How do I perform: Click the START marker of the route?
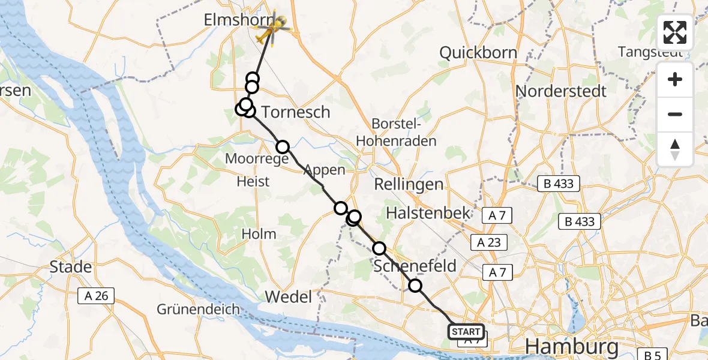coord(466,332)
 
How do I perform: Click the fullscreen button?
coord(675,32)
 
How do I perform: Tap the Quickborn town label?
coord(478,53)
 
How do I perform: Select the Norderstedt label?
coord(561,91)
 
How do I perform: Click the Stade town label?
coord(71,266)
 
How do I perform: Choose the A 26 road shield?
coord(95,295)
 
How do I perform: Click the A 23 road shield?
coord(489,242)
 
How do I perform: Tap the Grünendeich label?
coord(199,310)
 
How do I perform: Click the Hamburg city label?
coord(571,347)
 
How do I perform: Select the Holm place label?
coord(259,234)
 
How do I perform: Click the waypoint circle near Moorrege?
coord(282,146)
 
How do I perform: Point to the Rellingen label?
coord(409,184)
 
